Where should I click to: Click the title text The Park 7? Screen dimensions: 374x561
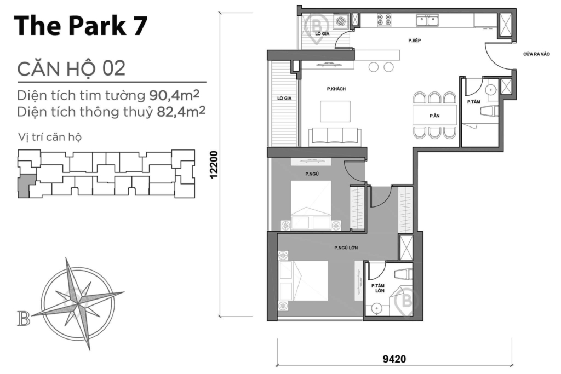[x=81, y=25]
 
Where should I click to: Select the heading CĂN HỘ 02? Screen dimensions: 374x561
[x=71, y=69]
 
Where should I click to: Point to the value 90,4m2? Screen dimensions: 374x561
[x=174, y=95]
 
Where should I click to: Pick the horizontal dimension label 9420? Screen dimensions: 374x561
[x=394, y=359]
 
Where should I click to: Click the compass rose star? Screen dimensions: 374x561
[x=82, y=299]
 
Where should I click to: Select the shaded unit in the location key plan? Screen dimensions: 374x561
[x=24, y=187]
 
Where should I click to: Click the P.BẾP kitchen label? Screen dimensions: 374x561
[x=414, y=41]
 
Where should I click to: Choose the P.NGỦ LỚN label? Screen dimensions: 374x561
[x=346, y=248]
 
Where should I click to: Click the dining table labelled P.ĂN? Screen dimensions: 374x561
[x=435, y=116]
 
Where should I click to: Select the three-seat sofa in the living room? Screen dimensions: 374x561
[x=334, y=135]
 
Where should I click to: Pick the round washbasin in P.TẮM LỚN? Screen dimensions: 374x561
[x=376, y=309]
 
